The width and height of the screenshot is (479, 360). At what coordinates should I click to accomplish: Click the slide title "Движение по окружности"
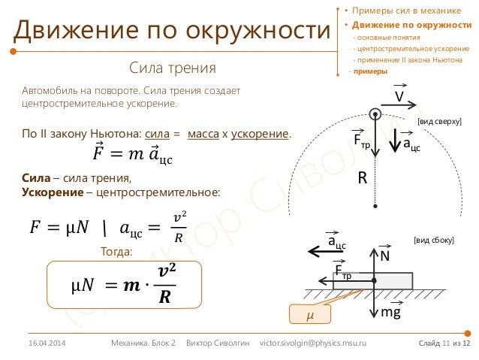point(171,30)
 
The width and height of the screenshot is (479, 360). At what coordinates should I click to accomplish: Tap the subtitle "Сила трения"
point(172,68)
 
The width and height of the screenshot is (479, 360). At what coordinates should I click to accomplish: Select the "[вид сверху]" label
point(439,120)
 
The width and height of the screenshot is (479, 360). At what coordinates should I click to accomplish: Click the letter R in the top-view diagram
point(361,179)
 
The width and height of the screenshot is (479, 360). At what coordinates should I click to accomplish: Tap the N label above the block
point(384,257)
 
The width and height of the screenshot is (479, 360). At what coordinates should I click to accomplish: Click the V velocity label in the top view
point(399,98)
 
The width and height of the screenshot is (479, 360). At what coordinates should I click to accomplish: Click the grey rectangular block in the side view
point(352,283)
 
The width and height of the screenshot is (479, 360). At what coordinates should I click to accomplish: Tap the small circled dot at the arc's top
point(375,114)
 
